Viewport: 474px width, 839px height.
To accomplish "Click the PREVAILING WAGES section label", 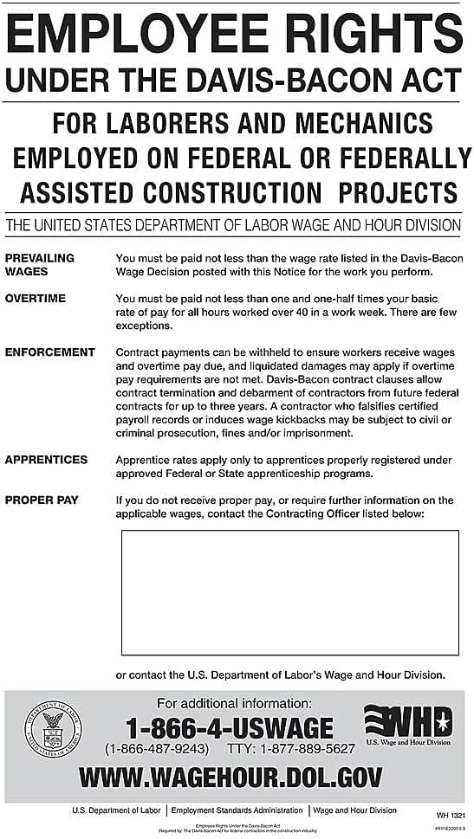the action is pos(40,264).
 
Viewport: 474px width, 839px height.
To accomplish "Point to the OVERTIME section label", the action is pos(36,299).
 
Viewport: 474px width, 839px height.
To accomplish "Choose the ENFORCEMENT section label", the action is pos(50,352).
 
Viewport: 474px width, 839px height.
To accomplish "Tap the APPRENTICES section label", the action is pos(47,460).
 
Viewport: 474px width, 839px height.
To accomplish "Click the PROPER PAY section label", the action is pos(42,500).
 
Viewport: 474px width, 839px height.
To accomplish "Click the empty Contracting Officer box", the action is pos(289,592).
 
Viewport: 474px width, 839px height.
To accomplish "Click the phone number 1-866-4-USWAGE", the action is pos(230,727).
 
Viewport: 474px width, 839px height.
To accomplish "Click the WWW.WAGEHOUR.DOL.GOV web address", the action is pos(231,778).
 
